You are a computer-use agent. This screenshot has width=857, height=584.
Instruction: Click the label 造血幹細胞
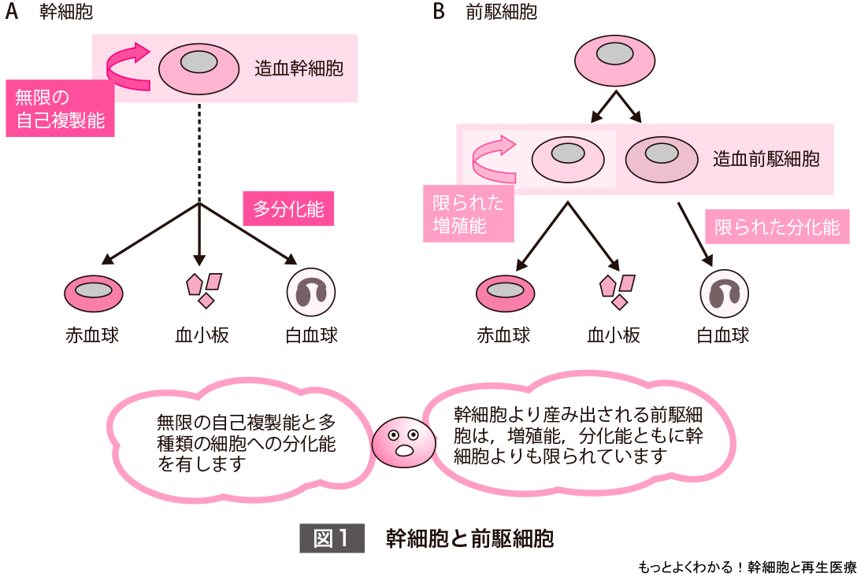coord(299,68)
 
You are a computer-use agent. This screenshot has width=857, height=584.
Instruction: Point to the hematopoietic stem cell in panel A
coord(200,67)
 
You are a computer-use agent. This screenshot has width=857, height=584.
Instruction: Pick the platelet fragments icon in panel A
coord(202,288)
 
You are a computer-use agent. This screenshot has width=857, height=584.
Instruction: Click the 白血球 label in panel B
coord(722,335)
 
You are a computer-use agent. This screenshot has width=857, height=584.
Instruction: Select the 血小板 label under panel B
coord(614,335)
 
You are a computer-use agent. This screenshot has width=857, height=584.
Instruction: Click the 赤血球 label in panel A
coord(92,335)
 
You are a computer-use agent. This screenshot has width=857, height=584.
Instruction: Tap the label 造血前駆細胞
coord(766,159)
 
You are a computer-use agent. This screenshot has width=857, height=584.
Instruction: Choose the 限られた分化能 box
coord(777,227)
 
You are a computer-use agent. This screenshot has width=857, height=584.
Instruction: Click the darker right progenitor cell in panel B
coord(662,159)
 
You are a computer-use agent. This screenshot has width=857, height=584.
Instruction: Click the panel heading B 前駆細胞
coord(485,13)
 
